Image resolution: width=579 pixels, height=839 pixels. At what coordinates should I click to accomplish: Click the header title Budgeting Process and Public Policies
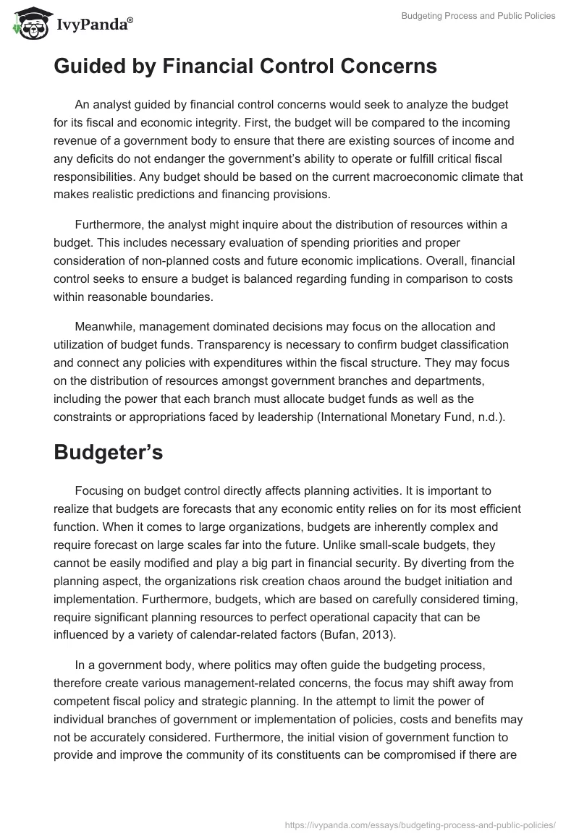(478, 16)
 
